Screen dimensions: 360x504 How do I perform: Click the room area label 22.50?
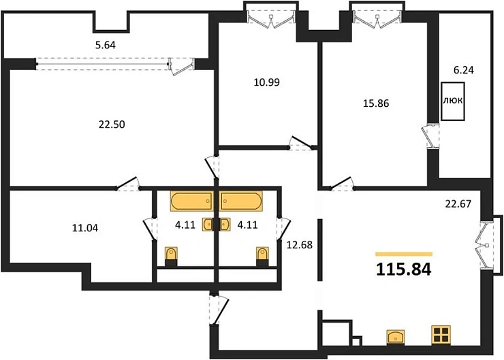point(112,124)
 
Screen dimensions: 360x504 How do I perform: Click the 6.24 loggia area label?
point(463,70)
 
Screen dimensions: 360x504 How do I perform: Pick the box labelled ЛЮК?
point(454,101)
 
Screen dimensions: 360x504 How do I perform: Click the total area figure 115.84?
point(404,269)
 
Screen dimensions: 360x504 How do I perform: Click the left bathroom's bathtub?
point(191,202)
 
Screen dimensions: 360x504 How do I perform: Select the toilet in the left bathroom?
point(172,255)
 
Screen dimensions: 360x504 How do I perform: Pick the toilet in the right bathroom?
point(262,255)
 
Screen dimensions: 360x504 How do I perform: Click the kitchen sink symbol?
point(396,337)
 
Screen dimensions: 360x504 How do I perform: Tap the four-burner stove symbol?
point(441,336)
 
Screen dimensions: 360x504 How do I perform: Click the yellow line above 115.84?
point(404,253)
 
